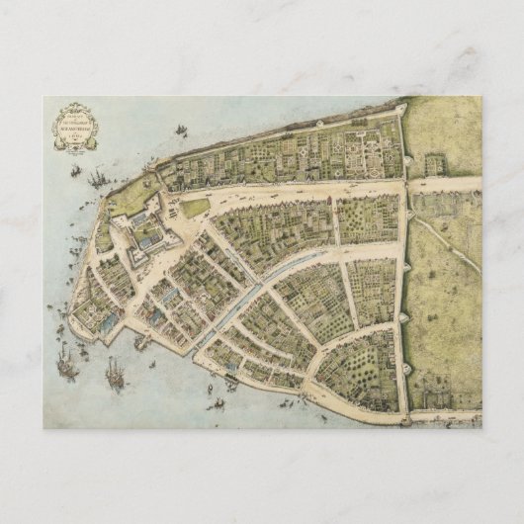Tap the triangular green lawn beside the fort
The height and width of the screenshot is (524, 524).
click(196, 208)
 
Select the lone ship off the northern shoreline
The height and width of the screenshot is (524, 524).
click(181, 130)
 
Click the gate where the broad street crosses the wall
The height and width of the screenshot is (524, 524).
click(403, 184)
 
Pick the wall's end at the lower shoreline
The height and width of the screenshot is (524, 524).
click(404, 419)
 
